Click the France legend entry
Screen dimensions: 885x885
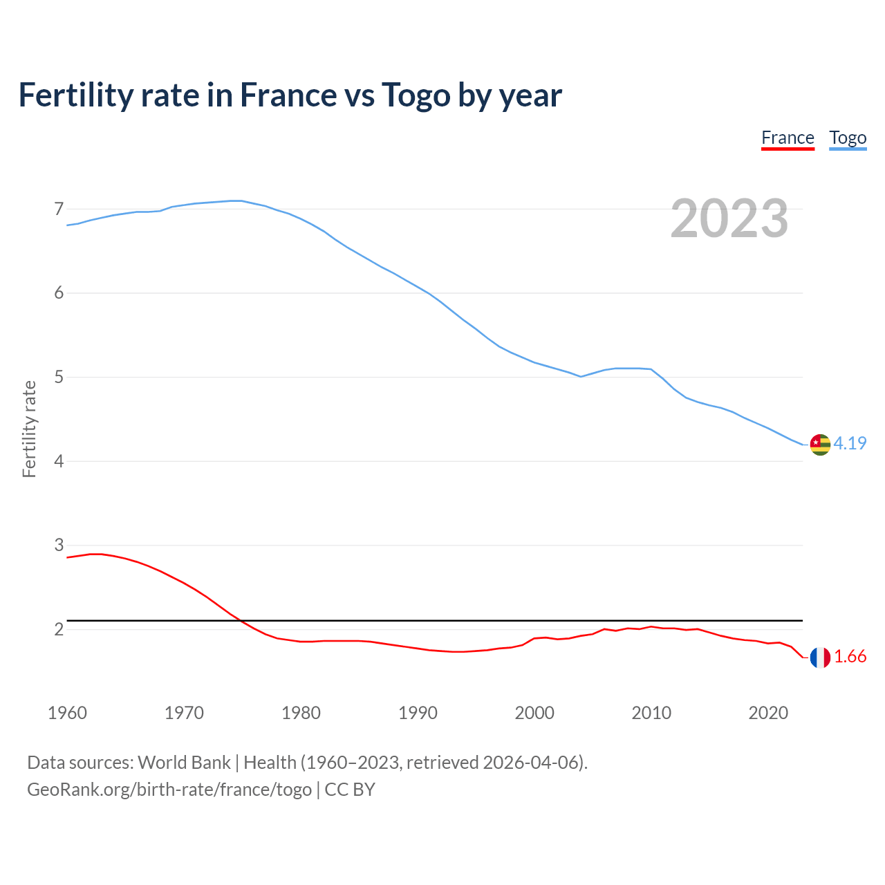[788, 138]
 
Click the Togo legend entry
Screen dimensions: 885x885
[848, 138]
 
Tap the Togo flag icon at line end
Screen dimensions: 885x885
[820, 445]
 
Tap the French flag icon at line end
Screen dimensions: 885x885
[820, 658]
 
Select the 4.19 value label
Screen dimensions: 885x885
[850, 443]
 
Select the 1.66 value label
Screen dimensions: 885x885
[850, 656]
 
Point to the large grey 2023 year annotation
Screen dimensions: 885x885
[729, 218]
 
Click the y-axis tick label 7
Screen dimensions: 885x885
[59, 209]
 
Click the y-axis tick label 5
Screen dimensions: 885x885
[59, 378]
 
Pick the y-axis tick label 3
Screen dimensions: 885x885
[59, 546]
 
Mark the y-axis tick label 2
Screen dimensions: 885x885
[59, 629]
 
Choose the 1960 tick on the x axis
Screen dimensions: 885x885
[67, 713]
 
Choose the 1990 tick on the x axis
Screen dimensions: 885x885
[418, 713]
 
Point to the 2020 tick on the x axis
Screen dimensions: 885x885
[768, 713]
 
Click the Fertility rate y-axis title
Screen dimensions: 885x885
[29, 429]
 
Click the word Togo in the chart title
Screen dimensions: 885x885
[416, 95]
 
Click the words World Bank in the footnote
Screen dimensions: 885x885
[184, 763]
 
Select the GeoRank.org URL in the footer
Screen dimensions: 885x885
[169, 790]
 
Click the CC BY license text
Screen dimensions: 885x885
[350, 790]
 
